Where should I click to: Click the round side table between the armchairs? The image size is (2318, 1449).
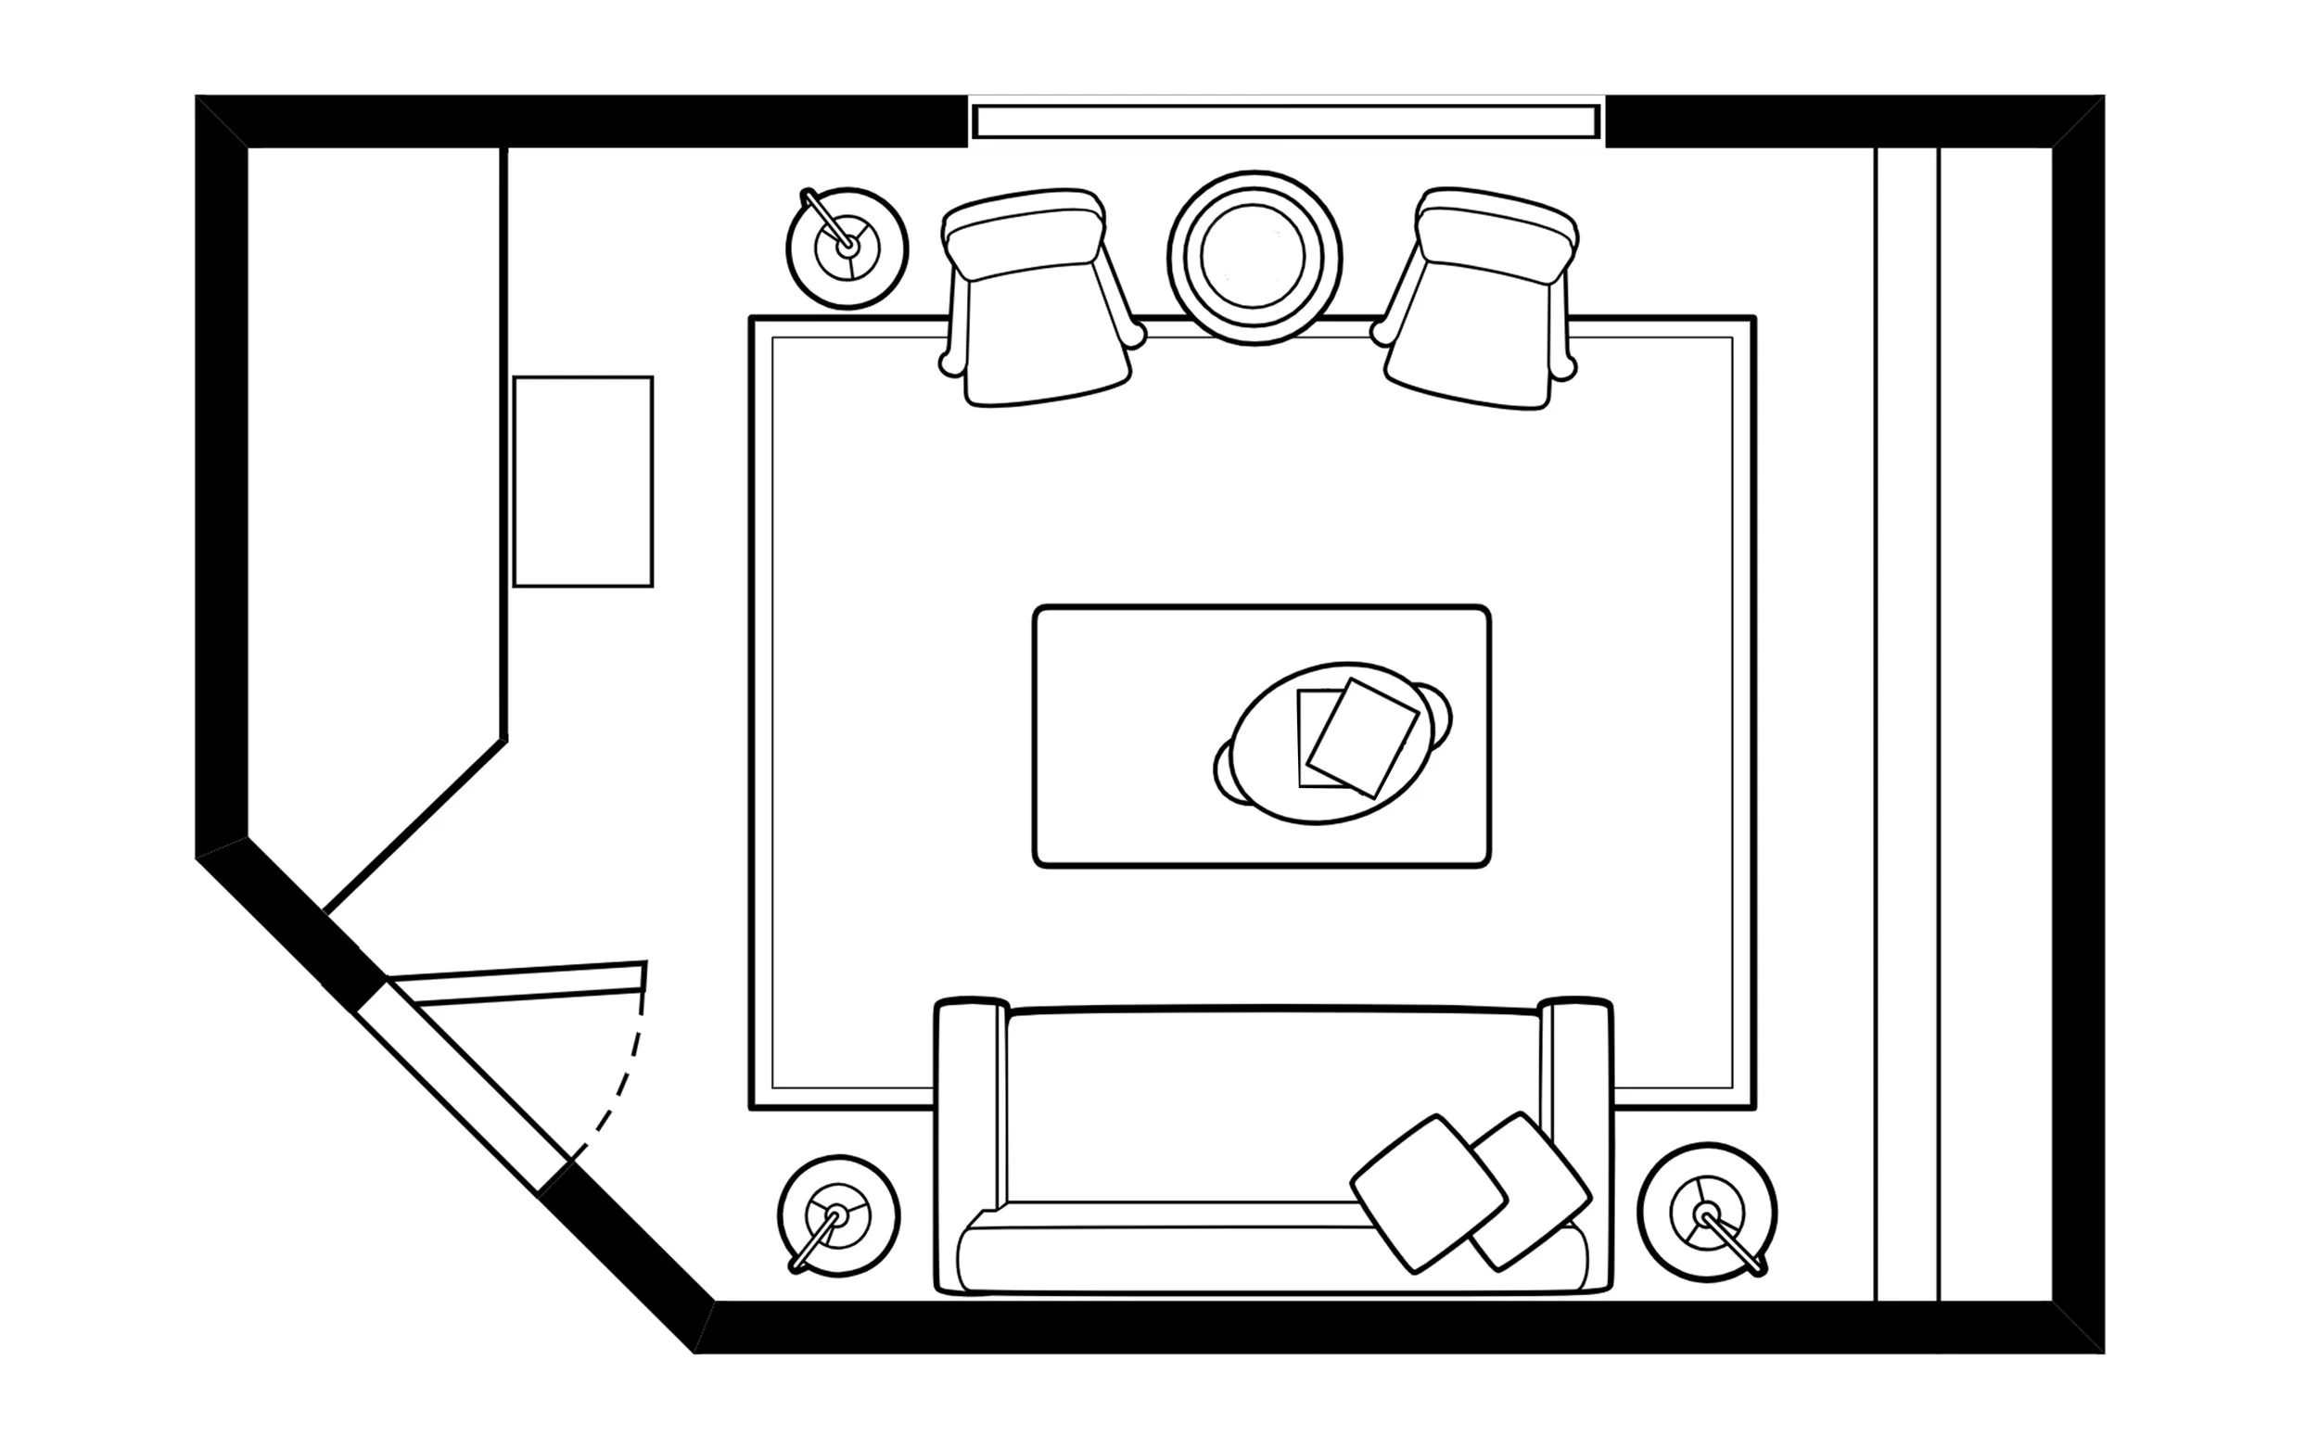point(1254,258)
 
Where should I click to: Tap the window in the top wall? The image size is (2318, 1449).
point(1285,121)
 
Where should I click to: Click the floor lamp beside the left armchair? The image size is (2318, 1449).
point(847,248)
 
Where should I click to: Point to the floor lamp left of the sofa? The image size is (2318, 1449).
point(837,1216)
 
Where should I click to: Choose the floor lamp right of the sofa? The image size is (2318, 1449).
point(1707,1214)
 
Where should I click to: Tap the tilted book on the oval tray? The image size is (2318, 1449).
point(1362,736)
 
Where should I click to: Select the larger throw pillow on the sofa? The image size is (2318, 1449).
point(1428,1192)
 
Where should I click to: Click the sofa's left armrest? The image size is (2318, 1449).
point(971,1102)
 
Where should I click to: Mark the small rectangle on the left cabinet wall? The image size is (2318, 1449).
point(582,481)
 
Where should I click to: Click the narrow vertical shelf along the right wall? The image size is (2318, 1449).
point(1906,723)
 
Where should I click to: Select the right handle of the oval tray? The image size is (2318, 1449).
point(1437,714)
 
